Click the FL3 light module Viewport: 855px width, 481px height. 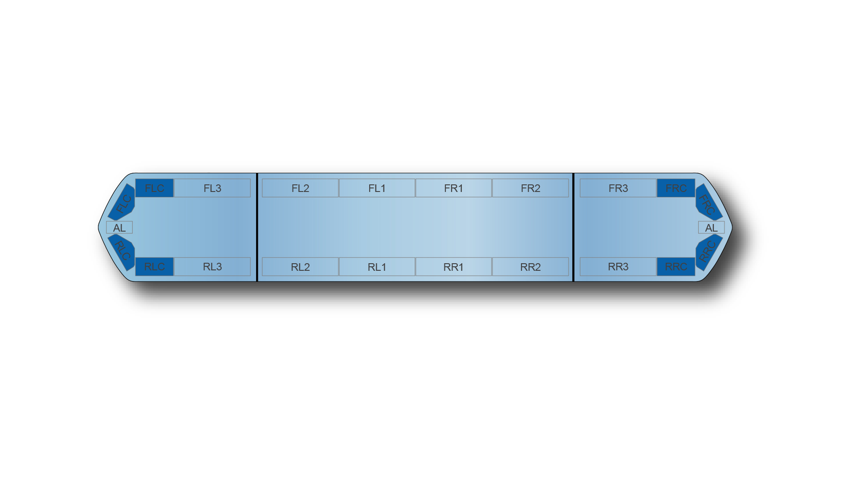coord(212,188)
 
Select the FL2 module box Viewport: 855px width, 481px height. coord(300,188)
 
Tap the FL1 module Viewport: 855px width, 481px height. coord(377,188)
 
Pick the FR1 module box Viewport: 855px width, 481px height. coord(453,188)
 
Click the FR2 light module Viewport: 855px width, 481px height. coord(530,188)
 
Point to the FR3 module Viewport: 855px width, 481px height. coord(618,188)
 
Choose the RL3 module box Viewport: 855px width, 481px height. coord(212,266)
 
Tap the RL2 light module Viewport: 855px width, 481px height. coord(300,266)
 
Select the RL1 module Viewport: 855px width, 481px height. coord(377,266)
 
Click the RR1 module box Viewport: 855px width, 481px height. coord(453,266)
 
